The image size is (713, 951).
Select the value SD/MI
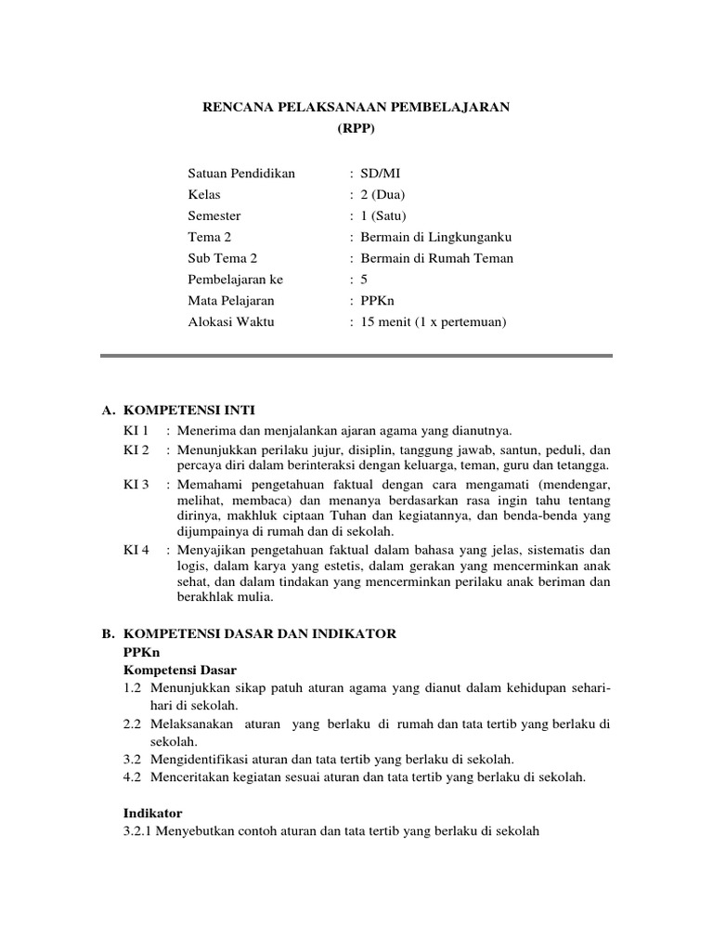click(382, 173)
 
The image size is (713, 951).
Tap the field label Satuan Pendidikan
click(240, 173)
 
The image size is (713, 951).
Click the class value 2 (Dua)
click(382, 194)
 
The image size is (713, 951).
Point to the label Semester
click(214, 215)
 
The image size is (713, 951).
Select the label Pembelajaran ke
click(235, 280)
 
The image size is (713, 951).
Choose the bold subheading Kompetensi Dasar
click(180, 670)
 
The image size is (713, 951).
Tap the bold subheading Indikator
click(153, 811)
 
